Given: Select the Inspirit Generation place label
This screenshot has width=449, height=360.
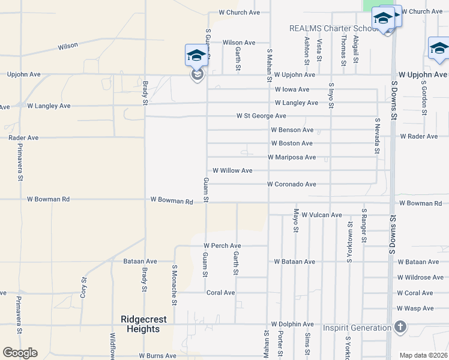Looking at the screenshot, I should coord(357,328).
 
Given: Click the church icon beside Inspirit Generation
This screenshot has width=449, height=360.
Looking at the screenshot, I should coord(400,327).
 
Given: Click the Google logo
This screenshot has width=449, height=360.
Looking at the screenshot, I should coord(20,353).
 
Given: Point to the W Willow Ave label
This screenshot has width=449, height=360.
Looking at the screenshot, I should coord(232,170).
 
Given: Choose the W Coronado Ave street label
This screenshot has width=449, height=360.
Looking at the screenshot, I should coord(291,184).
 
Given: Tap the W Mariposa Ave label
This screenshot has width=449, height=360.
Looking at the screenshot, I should coord(291,157).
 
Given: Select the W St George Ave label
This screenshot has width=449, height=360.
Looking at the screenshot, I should coord(261,115).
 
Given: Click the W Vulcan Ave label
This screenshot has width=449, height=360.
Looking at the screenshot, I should coord(321,215).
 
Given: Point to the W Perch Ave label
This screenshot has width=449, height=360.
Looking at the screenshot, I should coord(222,245).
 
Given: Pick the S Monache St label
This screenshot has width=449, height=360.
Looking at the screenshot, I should coord(175,286).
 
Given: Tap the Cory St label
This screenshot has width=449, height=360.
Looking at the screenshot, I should coord(84,287).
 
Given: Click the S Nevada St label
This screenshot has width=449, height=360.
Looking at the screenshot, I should coord(378,136).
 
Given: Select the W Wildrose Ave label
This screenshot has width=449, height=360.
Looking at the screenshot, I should coord(420,277).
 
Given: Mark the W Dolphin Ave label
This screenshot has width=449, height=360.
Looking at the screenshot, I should coord(293,324).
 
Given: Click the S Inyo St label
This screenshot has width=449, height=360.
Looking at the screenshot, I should coord(331,97).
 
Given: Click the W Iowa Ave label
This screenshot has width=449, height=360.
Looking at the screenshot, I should coord(292,89).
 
